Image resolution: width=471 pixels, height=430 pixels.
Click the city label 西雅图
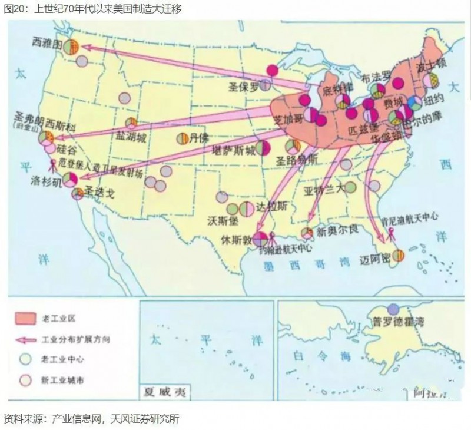(48, 44)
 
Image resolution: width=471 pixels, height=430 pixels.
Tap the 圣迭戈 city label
(98, 191)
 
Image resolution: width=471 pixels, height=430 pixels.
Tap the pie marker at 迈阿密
(399, 255)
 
